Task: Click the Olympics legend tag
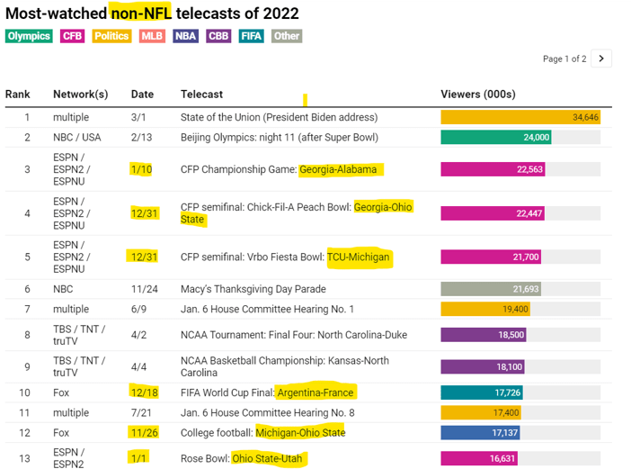click(x=29, y=36)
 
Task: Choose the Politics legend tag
click(x=111, y=36)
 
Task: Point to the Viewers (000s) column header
click(x=477, y=95)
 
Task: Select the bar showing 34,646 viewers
click(x=520, y=117)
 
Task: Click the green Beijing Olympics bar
click(x=496, y=138)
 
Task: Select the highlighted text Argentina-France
click(x=315, y=392)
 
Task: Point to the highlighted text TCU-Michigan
click(x=360, y=257)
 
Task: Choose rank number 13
click(x=27, y=459)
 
